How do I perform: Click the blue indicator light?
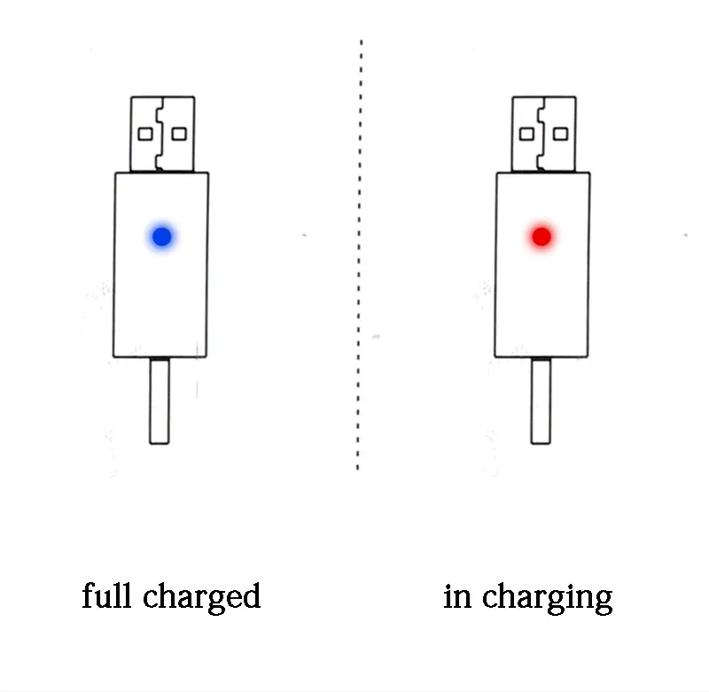click(162, 237)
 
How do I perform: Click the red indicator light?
click(541, 237)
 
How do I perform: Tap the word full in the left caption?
click(107, 595)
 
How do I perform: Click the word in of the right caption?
click(457, 596)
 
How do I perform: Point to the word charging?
click(547, 598)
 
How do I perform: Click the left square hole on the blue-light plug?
click(145, 135)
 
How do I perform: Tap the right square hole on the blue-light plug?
click(179, 135)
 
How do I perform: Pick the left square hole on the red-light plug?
click(526, 135)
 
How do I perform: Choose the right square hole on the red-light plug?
click(561, 135)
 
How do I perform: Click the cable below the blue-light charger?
click(160, 400)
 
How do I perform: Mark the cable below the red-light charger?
click(541, 400)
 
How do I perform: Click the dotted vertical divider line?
click(360, 255)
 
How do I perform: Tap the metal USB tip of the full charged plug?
click(163, 135)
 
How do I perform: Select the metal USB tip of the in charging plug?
click(544, 135)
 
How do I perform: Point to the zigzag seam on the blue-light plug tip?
click(160, 135)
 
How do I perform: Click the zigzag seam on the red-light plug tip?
click(541, 135)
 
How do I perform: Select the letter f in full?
click(90, 595)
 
